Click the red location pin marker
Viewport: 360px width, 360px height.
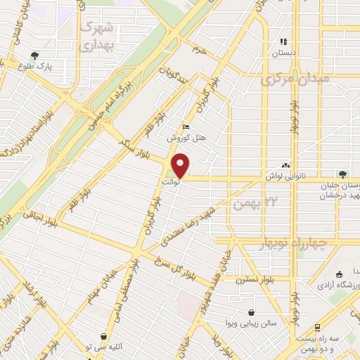coord(181,166)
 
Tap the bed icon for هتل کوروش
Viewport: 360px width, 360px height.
coord(186,127)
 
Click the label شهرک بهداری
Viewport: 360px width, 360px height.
coord(100,36)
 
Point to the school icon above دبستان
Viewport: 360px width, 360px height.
coord(284,41)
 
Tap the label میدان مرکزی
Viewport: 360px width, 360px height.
coord(296,79)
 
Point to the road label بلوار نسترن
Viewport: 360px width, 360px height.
coord(252,279)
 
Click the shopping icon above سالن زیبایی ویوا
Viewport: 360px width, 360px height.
coord(252,312)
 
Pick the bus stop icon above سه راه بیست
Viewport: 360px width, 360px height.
coord(318,328)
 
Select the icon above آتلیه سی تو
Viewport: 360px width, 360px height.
coord(104,337)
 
